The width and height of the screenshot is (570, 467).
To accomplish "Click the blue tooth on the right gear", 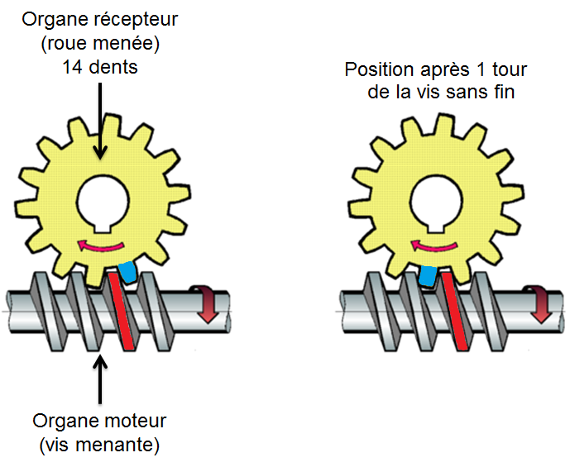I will (428, 275).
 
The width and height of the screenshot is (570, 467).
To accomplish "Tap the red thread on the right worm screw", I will (454, 311).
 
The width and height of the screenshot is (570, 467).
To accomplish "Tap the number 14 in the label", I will (72, 68).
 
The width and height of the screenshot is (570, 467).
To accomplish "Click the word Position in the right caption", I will (377, 69).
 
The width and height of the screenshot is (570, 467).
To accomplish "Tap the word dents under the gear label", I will (111, 68).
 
